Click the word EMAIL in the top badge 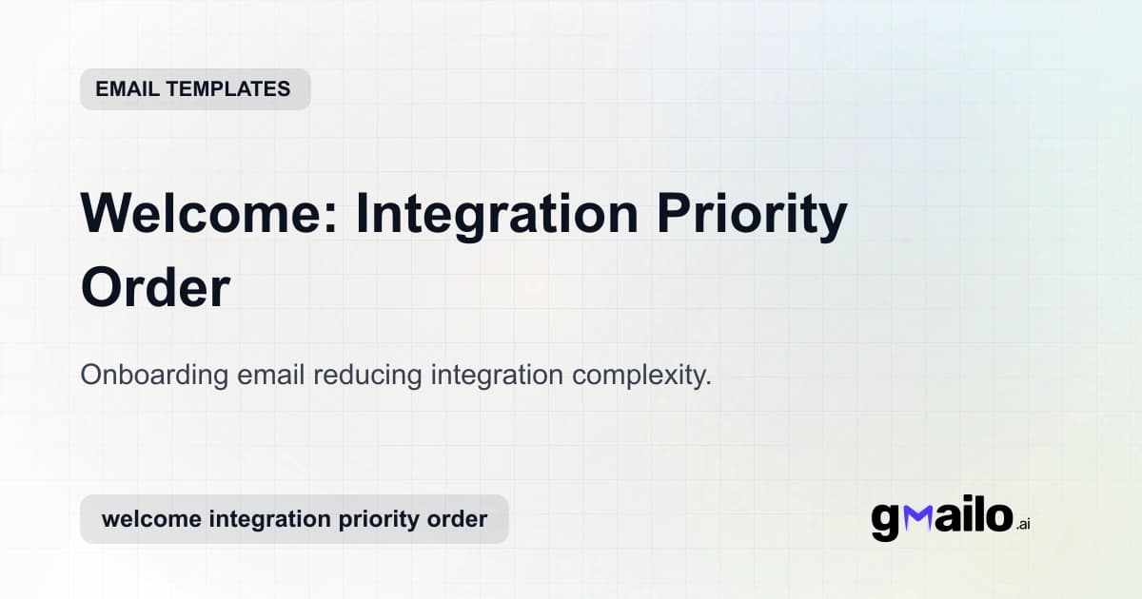tap(127, 89)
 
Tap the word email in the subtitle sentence tap(270, 375)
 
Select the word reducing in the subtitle tap(367, 375)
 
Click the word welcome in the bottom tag tap(150, 519)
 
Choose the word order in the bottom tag tap(456, 519)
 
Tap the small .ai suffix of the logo tap(1022, 524)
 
